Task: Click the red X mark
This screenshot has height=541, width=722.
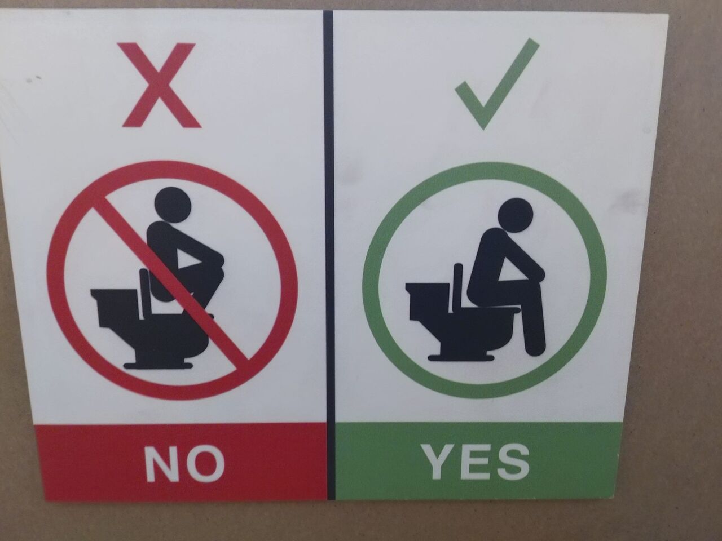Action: pos(161,85)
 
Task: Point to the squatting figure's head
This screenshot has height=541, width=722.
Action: pos(173,205)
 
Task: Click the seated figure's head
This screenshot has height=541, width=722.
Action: pos(516,216)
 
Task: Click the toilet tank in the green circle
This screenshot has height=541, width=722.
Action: pos(426,300)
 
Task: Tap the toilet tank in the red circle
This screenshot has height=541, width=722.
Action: pos(113,305)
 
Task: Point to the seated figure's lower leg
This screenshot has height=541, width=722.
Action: pos(533,325)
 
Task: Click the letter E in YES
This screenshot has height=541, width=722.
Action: pos(476,462)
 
